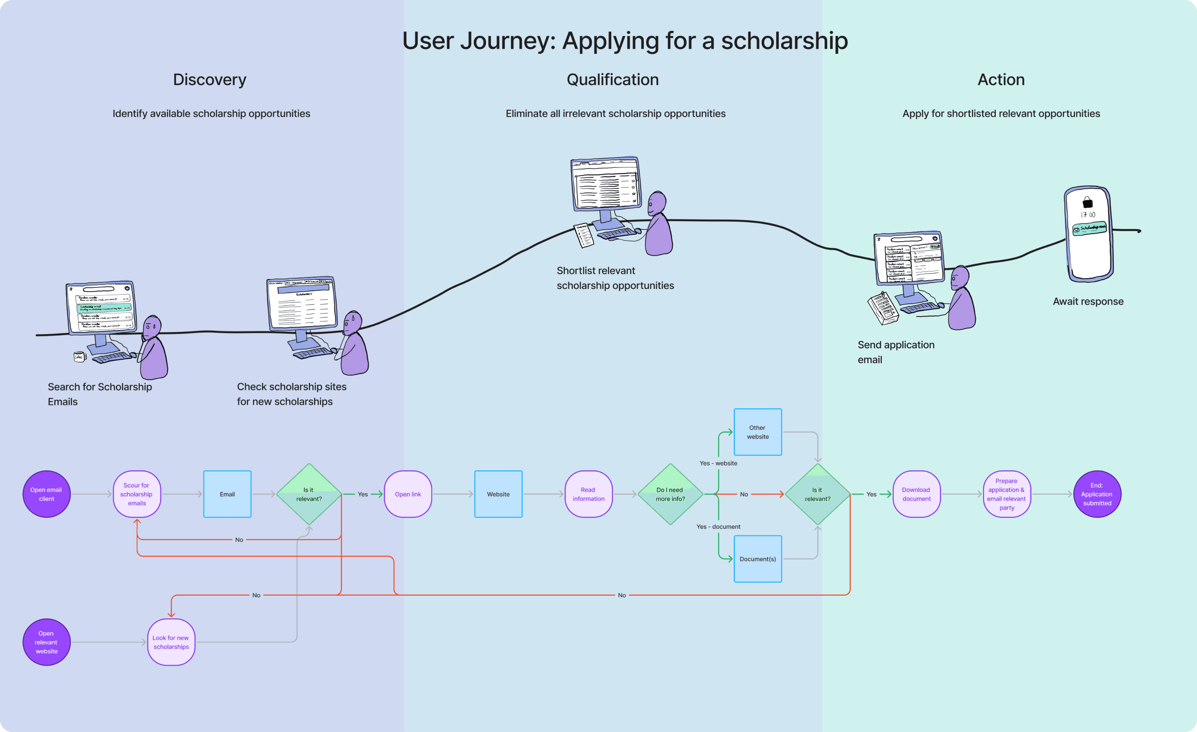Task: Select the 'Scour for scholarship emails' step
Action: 137,494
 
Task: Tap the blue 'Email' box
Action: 227,494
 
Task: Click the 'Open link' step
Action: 408,494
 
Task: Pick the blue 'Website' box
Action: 498,494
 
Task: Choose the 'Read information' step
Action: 588,494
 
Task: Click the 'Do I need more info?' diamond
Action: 670,494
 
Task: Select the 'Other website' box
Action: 757,432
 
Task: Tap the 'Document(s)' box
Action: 757,559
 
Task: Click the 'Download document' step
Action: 916,494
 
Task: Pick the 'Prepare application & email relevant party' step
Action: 1006,494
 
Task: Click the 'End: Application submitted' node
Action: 1097,494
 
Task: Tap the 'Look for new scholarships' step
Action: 171,642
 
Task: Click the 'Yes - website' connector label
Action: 718,463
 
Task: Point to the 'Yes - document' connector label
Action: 718,527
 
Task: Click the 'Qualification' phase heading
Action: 612,80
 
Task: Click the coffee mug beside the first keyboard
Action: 79,357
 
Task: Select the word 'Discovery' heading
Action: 210,80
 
